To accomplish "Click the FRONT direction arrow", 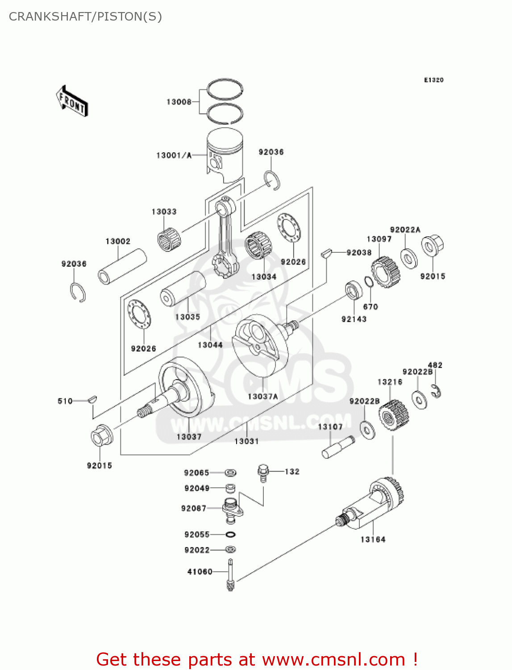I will click(72, 101).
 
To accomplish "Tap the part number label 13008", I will click(179, 102).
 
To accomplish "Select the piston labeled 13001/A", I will click(225, 155).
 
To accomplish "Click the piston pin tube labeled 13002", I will click(122, 266).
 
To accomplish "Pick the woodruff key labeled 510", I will click(92, 399).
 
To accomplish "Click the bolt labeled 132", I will click(263, 473).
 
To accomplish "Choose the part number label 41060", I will click(200, 572).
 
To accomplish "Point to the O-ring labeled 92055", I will click(230, 534).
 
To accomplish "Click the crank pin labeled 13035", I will click(183, 289).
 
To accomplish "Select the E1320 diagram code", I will click(433, 80).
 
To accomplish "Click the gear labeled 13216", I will click(393, 415).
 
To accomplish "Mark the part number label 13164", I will click(373, 540).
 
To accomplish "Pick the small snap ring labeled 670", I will click(369, 282).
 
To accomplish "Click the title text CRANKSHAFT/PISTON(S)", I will click(85, 17).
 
